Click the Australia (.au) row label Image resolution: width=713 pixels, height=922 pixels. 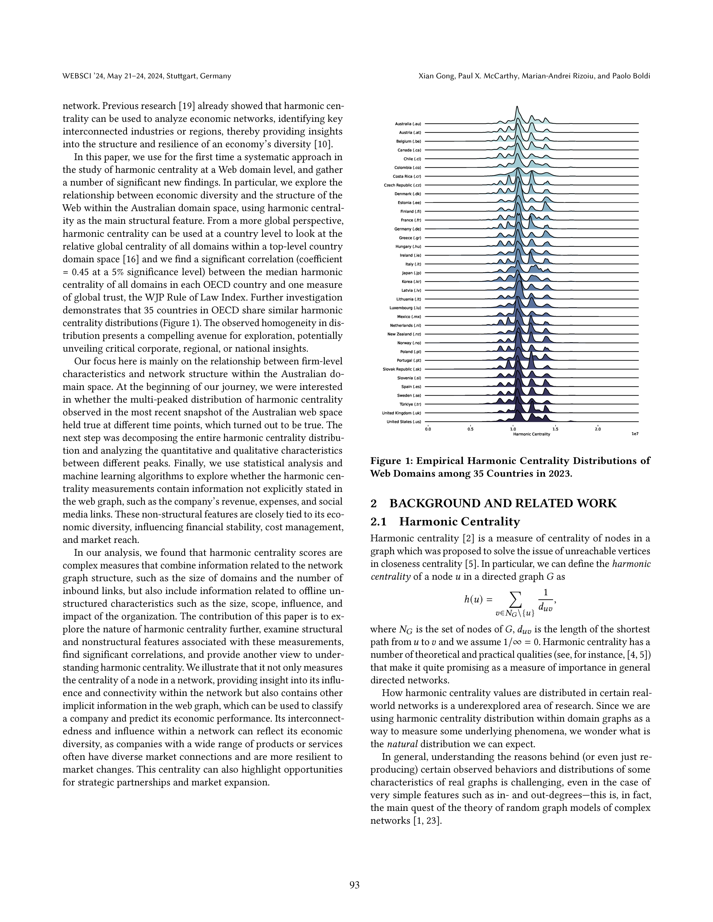[x=408, y=124]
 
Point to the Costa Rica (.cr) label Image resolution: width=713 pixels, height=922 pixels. [x=407, y=176]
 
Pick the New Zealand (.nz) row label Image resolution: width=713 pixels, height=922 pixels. [x=404, y=334]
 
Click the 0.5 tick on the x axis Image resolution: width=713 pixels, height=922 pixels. [x=470, y=429]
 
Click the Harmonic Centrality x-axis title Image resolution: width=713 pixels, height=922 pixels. [x=531, y=434]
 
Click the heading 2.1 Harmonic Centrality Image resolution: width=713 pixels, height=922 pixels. [x=445, y=522]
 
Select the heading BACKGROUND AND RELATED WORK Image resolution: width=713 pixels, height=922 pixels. [x=503, y=503]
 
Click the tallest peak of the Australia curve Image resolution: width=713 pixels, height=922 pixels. [x=517, y=108]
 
